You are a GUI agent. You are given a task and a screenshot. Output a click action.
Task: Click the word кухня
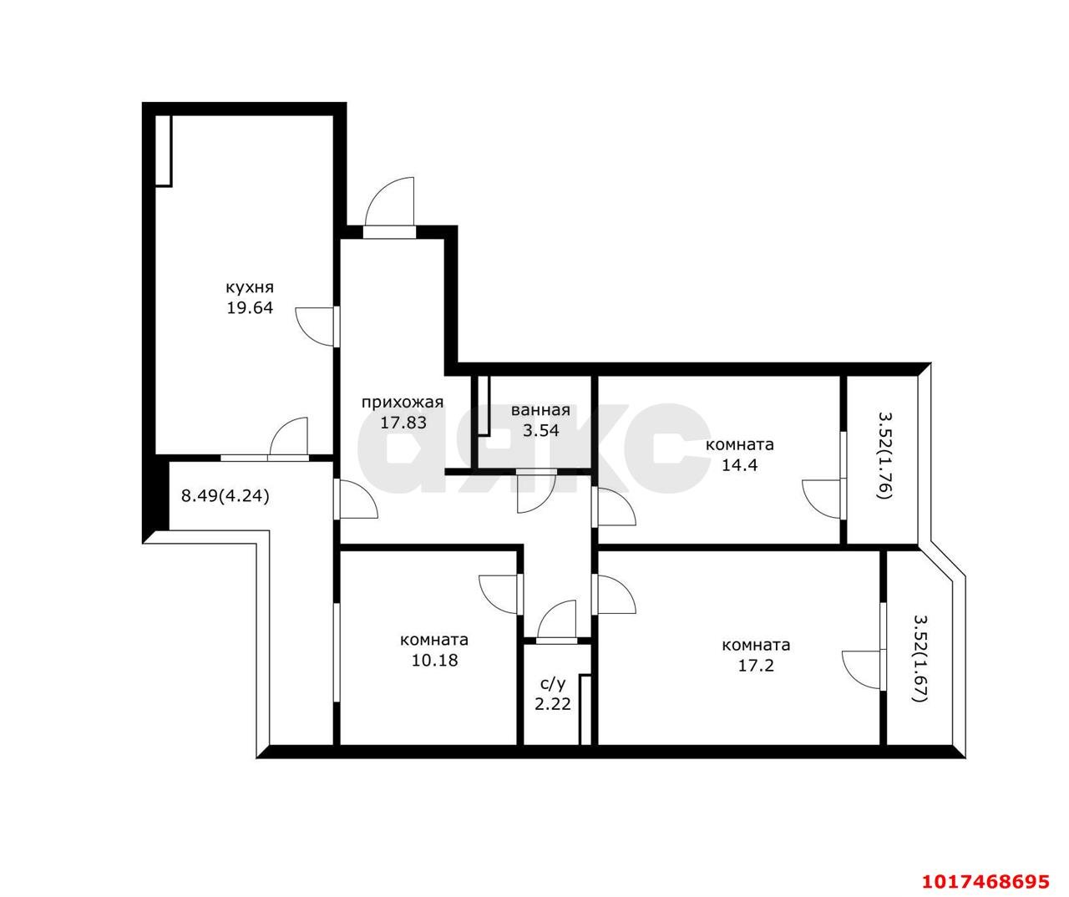coord(250,288)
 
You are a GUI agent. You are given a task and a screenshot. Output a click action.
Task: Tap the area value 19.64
coord(250,307)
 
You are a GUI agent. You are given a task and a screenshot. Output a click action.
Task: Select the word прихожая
coord(403,403)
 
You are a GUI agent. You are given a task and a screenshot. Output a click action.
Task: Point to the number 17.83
coord(403,423)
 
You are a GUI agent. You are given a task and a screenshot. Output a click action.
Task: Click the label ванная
coord(540,410)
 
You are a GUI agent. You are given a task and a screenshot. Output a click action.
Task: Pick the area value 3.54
coord(540,430)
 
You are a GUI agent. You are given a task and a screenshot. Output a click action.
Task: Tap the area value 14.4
coord(739,465)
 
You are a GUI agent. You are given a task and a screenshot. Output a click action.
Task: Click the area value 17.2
coord(756,665)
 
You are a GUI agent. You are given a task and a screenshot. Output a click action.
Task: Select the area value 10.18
coord(434,660)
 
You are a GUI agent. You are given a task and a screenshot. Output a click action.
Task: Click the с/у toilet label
coord(553,683)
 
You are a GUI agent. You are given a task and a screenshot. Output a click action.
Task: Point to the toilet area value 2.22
coord(553,704)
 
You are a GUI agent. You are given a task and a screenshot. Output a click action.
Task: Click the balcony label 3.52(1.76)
coord(885,455)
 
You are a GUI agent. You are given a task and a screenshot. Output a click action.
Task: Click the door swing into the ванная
coord(536,494)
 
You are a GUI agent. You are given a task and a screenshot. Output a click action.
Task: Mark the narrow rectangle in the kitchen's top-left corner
coord(165,150)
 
